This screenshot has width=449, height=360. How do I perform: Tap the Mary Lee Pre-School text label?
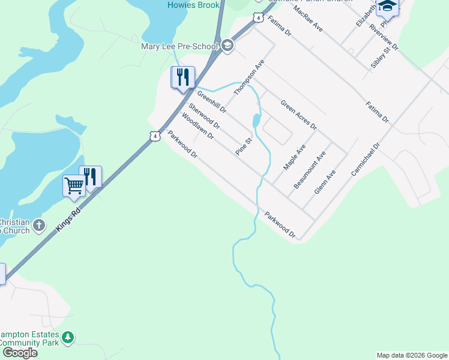[179, 46]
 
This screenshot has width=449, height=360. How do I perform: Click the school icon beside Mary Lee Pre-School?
[228, 46]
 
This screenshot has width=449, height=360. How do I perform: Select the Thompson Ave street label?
[249, 77]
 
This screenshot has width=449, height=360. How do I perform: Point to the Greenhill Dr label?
[212, 102]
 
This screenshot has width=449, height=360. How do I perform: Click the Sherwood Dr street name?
[204, 116]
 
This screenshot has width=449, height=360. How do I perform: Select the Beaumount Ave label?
[310, 170]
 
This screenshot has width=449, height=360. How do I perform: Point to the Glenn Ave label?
[325, 182]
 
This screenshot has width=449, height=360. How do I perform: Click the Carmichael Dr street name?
[366, 159]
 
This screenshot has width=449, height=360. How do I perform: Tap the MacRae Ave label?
[308, 19]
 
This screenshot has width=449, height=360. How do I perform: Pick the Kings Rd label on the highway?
[68, 214]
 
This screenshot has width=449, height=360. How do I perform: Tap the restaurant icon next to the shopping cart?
[90, 176]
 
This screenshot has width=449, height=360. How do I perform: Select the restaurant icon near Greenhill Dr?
[183, 77]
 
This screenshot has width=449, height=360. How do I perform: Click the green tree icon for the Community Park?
[68, 338]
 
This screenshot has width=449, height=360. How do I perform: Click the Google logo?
[20, 353]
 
